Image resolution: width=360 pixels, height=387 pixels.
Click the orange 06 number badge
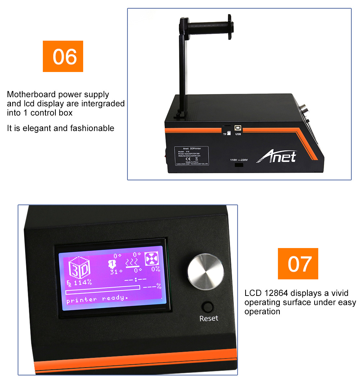click(x=63, y=57)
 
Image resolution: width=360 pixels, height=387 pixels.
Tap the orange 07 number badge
click(x=298, y=264)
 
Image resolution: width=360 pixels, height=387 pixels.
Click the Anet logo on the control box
click(x=276, y=157)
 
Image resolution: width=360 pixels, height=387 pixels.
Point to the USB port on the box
click(x=238, y=128)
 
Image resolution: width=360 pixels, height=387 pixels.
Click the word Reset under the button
click(x=209, y=318)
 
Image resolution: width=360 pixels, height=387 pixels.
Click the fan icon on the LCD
click(x=152, y=258)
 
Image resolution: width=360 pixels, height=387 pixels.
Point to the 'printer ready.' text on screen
click(x=97, y=298)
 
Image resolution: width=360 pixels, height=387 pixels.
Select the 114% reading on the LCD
click(x=82, y=283)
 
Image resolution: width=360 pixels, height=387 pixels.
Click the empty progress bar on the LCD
click(x=103, y=287)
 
